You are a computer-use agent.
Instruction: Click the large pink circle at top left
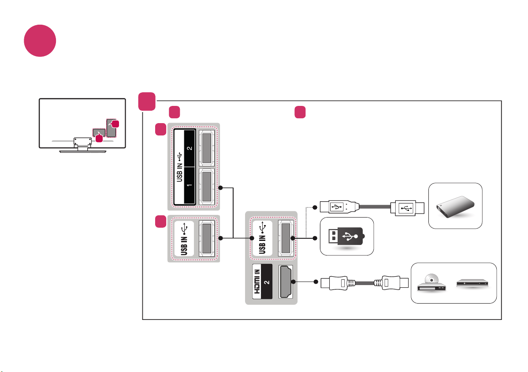(40, 41)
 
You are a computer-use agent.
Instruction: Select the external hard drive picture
(455, 206)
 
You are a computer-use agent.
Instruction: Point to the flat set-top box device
(472, 283)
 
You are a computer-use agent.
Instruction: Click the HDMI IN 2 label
(262, 282)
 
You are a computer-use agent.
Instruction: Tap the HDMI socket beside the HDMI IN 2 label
(286, 282)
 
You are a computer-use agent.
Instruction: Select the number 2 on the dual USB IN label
(190, 148)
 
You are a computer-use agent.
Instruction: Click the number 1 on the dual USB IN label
(190, 185)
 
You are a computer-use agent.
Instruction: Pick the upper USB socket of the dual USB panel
(206, 148)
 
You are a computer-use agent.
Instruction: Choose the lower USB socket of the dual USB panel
(206, 186)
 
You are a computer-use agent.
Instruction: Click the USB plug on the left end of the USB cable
(339, 207)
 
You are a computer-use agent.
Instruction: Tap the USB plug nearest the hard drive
(407, 208)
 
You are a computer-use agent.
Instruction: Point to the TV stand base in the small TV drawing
(82, 151)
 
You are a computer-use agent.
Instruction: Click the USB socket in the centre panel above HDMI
(286, 238)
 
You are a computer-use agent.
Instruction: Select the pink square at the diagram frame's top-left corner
(147, 101)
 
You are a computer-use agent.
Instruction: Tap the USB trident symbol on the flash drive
(350, 237)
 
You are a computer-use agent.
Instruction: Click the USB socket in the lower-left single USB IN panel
(206, 238)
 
